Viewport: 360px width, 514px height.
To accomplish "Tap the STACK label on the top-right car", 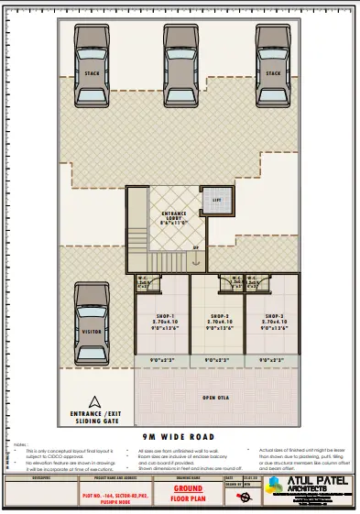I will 272,72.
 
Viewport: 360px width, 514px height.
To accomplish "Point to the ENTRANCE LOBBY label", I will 174,217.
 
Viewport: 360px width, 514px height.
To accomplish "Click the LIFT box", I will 218,199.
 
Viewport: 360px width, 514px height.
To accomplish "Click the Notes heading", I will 20,443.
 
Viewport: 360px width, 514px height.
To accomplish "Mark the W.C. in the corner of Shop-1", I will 144,282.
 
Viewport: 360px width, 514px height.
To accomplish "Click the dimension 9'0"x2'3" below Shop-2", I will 220,360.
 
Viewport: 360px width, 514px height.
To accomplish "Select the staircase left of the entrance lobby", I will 136,229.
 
